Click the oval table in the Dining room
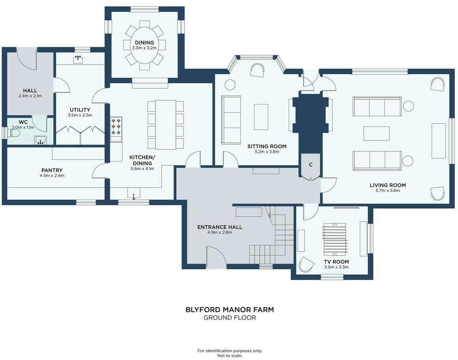[144, 45]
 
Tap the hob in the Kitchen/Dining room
[116, 126]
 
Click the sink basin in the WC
[40, 140]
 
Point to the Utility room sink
[78, 59]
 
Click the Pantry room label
[52, 170]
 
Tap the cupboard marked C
[310, 166]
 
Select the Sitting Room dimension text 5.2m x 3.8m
[267, 152]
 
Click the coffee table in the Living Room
[376, 133]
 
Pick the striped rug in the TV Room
[335, 239]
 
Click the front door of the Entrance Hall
[216, 257]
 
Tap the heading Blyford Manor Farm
[230, 310]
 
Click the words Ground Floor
[230, 318]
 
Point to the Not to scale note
[230, 356]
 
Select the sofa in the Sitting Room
[231, 120]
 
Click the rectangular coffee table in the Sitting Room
[261, 117]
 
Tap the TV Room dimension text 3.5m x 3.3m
[336, 267]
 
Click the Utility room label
[80, 110]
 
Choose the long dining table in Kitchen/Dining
[166, 125]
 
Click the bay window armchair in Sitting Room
[258, 71]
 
